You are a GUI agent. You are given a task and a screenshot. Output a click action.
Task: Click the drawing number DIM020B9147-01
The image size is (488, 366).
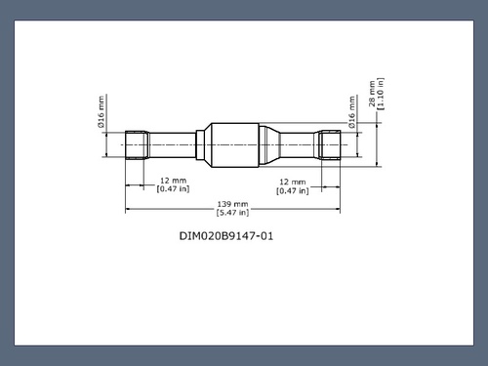pos(226,236)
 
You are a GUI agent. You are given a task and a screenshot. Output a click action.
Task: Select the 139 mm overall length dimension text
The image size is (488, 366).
pos(232,204)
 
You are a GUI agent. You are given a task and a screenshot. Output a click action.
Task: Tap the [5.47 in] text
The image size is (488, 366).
pos(232,213)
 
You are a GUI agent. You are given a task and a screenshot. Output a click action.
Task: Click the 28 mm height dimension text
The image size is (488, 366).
pos(372,94)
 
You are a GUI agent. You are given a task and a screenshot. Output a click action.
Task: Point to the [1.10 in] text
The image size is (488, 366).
pos(381,94)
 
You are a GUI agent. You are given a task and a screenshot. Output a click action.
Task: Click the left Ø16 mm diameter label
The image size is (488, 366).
pos(102,111)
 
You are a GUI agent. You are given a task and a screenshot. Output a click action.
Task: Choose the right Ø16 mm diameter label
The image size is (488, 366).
pos(352,112)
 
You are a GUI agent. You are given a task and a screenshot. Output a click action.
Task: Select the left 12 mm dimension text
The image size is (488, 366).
pos(174,181)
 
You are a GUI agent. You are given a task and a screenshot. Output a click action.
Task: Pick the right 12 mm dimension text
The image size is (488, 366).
pos(293,182)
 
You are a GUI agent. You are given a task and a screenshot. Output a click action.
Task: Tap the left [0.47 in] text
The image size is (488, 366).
pos(173,188)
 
